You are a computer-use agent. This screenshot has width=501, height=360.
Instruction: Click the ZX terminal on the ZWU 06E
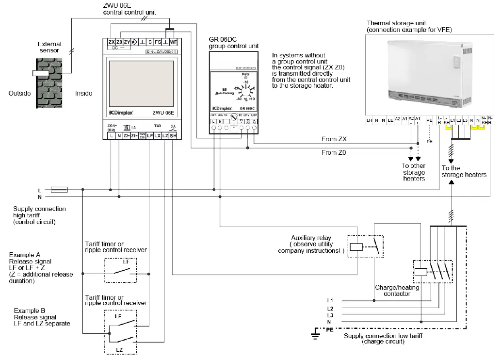pyautogui.click(x=112, y=42)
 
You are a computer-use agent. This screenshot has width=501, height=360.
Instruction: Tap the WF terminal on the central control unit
pyautogui.click(x=173, y=42)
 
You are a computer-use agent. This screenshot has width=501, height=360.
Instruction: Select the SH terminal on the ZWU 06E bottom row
pyautogui.click(x=173, y=136)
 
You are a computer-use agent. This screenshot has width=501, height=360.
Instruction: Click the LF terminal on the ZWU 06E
pyautogui.click(x=150, y=136)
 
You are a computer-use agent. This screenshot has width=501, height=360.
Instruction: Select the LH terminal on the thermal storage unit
pyautogui.click(x=370, y=119)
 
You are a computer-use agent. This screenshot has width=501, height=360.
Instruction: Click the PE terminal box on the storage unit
pyautogui.click(x=428, y=120)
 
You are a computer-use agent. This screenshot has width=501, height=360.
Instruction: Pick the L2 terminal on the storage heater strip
pyautogui.click(x=459, y=119)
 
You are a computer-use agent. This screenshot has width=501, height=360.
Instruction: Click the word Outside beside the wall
pyautogui.click(x=19, y=93)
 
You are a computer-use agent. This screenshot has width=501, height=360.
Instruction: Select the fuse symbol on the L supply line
pyautogui.click(x=59, y=190)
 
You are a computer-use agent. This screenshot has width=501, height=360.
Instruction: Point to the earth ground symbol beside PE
pyautogui.click(x=316, y=332)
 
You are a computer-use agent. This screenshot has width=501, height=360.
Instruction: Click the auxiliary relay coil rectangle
pyautogui.click(x=356, y=246)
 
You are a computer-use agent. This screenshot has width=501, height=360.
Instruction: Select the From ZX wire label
pyautogui.click(x=334, y=139)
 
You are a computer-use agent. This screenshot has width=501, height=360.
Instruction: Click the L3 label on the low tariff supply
pyautogui.click(x=330, y=315)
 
